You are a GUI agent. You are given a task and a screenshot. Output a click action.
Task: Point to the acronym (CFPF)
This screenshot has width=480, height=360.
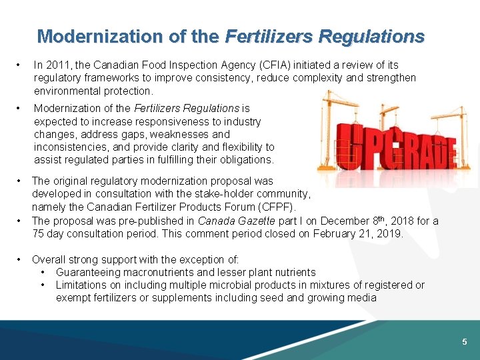pos(273,207)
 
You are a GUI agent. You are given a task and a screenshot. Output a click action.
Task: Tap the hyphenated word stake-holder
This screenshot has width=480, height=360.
pos(189,194)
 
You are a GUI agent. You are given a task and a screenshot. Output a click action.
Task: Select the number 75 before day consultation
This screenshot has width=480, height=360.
pos(38,233)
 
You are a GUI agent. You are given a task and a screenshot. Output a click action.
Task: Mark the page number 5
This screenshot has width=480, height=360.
pos(465,342)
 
